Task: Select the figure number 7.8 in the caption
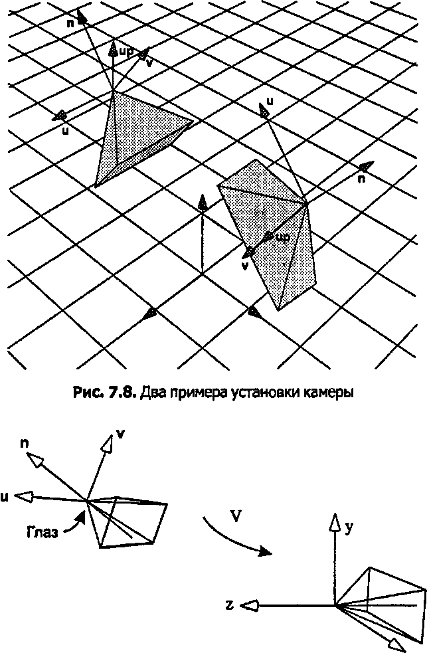(x=122, y=393)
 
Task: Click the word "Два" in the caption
(x=151, y=393)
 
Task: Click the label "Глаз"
(x=42, y=532)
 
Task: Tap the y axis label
(x=349, y=527)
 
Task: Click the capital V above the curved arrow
(x=236, y=516)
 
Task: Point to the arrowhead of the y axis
(x=335, y=521)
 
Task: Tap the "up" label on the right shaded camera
(x=283, y=237)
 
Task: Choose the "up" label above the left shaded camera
(x=126, y=51)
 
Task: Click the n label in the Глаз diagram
(x=25, y=444)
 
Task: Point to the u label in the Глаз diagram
(x=4, y=497)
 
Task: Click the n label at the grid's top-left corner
(x=70, y=24)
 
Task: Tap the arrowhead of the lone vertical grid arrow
(x=203, y=203)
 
